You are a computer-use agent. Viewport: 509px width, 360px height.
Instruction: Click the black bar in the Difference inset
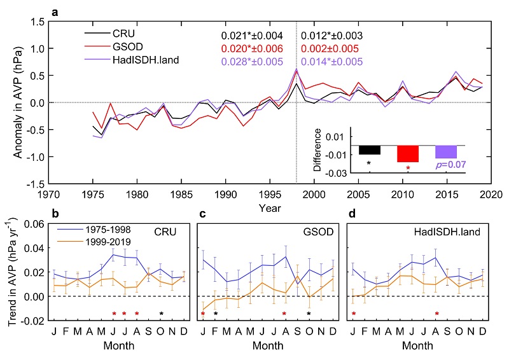pyautogui.click(x=369, y=150)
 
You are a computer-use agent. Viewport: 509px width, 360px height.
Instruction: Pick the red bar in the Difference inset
pyautogui.click(x=407, y=154)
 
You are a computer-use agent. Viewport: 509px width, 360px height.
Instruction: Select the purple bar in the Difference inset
pyautogui.click(x=445, y=152)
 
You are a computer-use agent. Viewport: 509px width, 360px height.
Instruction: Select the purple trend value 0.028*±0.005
pyautogui.click(x=252, y=62)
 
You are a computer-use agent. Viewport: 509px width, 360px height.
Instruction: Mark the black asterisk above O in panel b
pyautogui.click(x=162, y=314)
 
